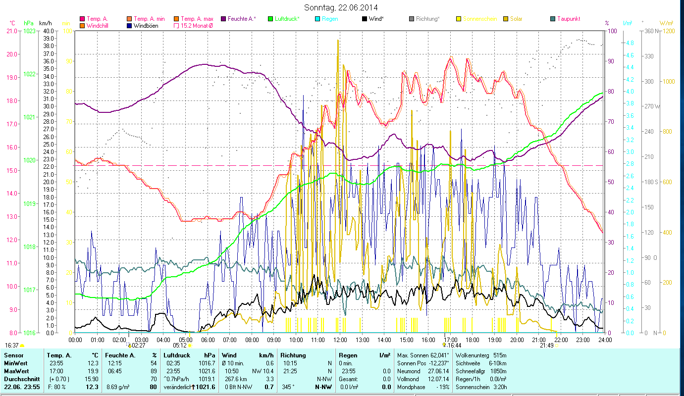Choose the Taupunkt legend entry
point(568,19)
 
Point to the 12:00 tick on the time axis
point(340,340)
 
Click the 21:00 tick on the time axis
point(539,340)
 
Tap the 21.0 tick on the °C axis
point(11,31)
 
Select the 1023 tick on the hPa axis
point(29,31)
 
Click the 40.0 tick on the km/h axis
point(49,31)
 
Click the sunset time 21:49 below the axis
point(547,346)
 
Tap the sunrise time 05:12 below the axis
point(179,346)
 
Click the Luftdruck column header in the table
point(176,355)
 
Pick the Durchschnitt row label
point(22,379)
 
